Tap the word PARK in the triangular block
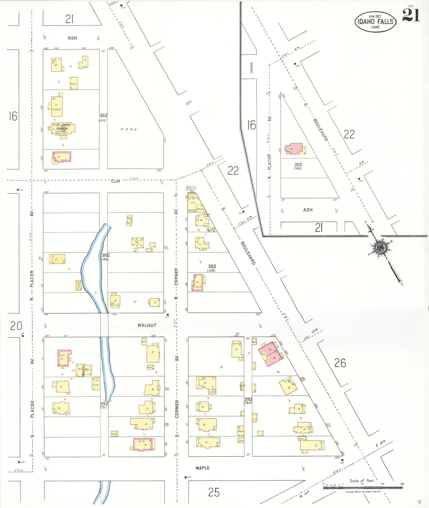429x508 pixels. point(129,129)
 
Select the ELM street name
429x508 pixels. point(115,181)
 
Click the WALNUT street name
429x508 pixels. point(147,325)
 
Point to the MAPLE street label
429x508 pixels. point(202,468)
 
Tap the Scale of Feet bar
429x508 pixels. point(363,488)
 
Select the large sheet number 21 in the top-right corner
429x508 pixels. point(411,15)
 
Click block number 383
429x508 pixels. point(212,266)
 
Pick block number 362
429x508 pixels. point(103,116)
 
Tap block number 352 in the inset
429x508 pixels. point(298,165)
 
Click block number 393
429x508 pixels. point(248,399)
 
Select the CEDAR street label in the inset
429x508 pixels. point(252,68)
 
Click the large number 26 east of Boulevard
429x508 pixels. point(340,363)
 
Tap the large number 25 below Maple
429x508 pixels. point(214,493)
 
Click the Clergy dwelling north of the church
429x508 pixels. point(57,106)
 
